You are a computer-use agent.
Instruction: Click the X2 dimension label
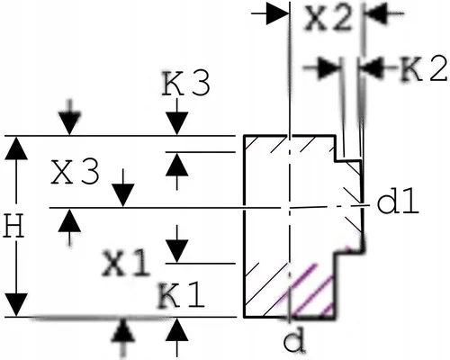point(328,18)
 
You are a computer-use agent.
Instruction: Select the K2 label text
point(424,69)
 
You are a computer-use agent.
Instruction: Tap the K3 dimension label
point(186,84)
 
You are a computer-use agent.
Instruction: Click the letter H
point(13,226)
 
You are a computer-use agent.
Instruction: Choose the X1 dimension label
point(126,264)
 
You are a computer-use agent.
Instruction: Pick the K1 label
point(182,296)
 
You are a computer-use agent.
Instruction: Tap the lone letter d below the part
point(294,342)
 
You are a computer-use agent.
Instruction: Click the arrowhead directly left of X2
point(277,13)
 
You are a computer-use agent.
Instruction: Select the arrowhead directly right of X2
point(375,13)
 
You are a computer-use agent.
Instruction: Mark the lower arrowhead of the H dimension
point(16,305)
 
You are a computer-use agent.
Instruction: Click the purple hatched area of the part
point(312,295)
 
